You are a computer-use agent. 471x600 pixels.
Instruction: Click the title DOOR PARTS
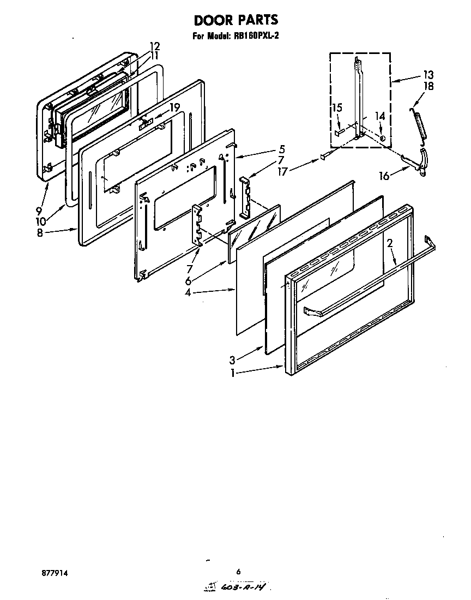tap(236, 20)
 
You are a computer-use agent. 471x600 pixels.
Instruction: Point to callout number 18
tap(428, 86)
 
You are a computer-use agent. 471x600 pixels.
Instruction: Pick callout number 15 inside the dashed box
tap(337, 108)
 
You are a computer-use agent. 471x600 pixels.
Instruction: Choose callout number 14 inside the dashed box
tap(381, 116)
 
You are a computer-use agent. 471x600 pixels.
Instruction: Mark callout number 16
tap(385, 176)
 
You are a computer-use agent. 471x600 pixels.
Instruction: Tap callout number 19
tap(174, 107)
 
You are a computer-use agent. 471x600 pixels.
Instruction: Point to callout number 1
tap(233, 374)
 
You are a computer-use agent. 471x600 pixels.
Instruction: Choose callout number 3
tap(233, 360)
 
